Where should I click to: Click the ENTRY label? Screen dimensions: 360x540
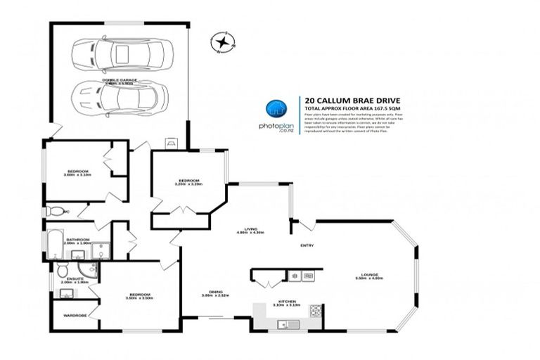click(307, 245)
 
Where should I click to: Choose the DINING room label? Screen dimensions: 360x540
click(216, 292)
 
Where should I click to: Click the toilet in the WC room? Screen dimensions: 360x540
click(52, 210)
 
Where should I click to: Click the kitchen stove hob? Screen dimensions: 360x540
click(316, 310)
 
